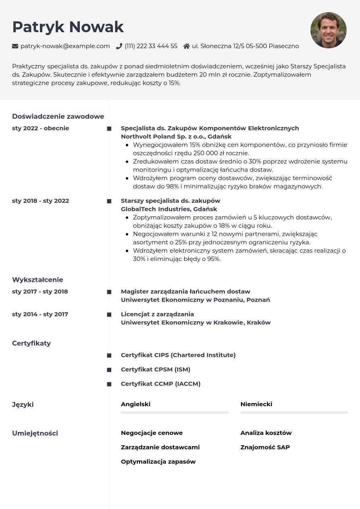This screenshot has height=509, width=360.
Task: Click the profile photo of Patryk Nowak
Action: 328,30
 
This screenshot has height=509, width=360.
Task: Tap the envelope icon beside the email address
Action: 15,46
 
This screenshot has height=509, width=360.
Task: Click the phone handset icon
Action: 119,46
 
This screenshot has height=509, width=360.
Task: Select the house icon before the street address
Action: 186,46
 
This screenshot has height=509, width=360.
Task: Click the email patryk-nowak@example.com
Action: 65,46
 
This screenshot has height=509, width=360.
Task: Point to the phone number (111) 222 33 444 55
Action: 151,46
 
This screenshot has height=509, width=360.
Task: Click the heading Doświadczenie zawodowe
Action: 58,116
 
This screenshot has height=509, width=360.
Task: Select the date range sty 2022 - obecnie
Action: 41,128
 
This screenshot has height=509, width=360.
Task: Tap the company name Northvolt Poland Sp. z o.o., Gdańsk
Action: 176,137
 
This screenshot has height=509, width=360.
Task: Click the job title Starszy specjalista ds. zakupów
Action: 171,201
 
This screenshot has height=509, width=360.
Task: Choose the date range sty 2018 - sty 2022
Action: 41,201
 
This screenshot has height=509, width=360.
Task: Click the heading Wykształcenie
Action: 37,280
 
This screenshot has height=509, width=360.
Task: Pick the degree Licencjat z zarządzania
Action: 157,314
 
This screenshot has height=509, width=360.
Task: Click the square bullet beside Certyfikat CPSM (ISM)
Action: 109,370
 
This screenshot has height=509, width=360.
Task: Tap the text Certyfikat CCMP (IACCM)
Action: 160,384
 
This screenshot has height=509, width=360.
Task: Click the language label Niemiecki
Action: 256,404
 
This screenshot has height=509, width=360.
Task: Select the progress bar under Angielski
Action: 175,413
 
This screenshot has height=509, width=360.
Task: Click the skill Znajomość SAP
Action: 265,447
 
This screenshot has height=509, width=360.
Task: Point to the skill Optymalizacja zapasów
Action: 158,462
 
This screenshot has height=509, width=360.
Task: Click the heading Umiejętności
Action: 35,433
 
